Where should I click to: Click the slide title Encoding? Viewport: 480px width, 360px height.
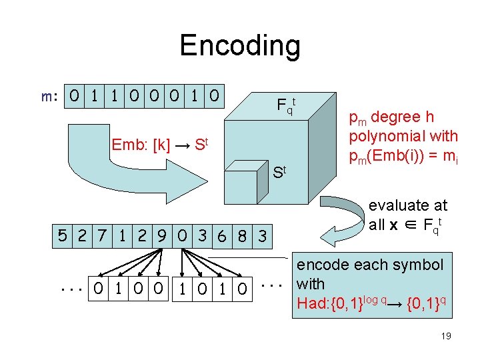point(240,45)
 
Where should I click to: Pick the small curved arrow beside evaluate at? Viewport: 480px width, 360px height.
point(340,217)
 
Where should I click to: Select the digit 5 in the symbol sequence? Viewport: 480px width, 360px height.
point(62,235)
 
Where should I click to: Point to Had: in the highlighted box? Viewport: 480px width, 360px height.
point(313,303)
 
